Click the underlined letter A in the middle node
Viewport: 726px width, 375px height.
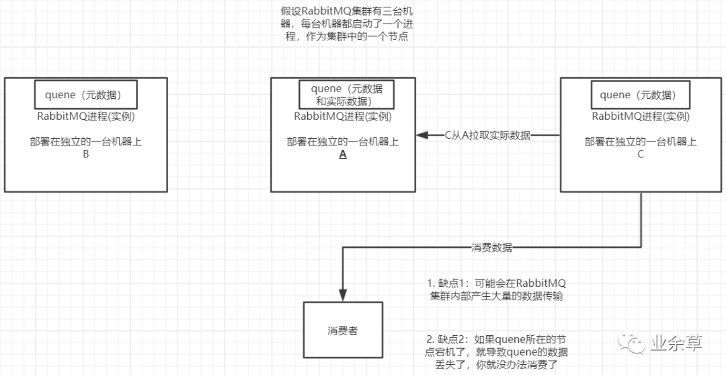(343, 155)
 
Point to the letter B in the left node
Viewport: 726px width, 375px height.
(85, 155)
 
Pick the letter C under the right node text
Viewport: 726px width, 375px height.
(641, 155)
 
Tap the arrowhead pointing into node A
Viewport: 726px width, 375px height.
(421, 135)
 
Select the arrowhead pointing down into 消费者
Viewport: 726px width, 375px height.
(343, 295)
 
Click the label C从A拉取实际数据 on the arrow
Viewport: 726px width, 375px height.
(487, 136)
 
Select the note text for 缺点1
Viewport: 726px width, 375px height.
(496, 290)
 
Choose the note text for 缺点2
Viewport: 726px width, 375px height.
(496, 351)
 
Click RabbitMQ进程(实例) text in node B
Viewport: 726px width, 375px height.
(85, 116)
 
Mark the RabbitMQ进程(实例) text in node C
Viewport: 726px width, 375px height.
(641, 116)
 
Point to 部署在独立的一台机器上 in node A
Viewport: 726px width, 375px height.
(343, 143)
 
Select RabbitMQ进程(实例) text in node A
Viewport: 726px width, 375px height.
(343, 116)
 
